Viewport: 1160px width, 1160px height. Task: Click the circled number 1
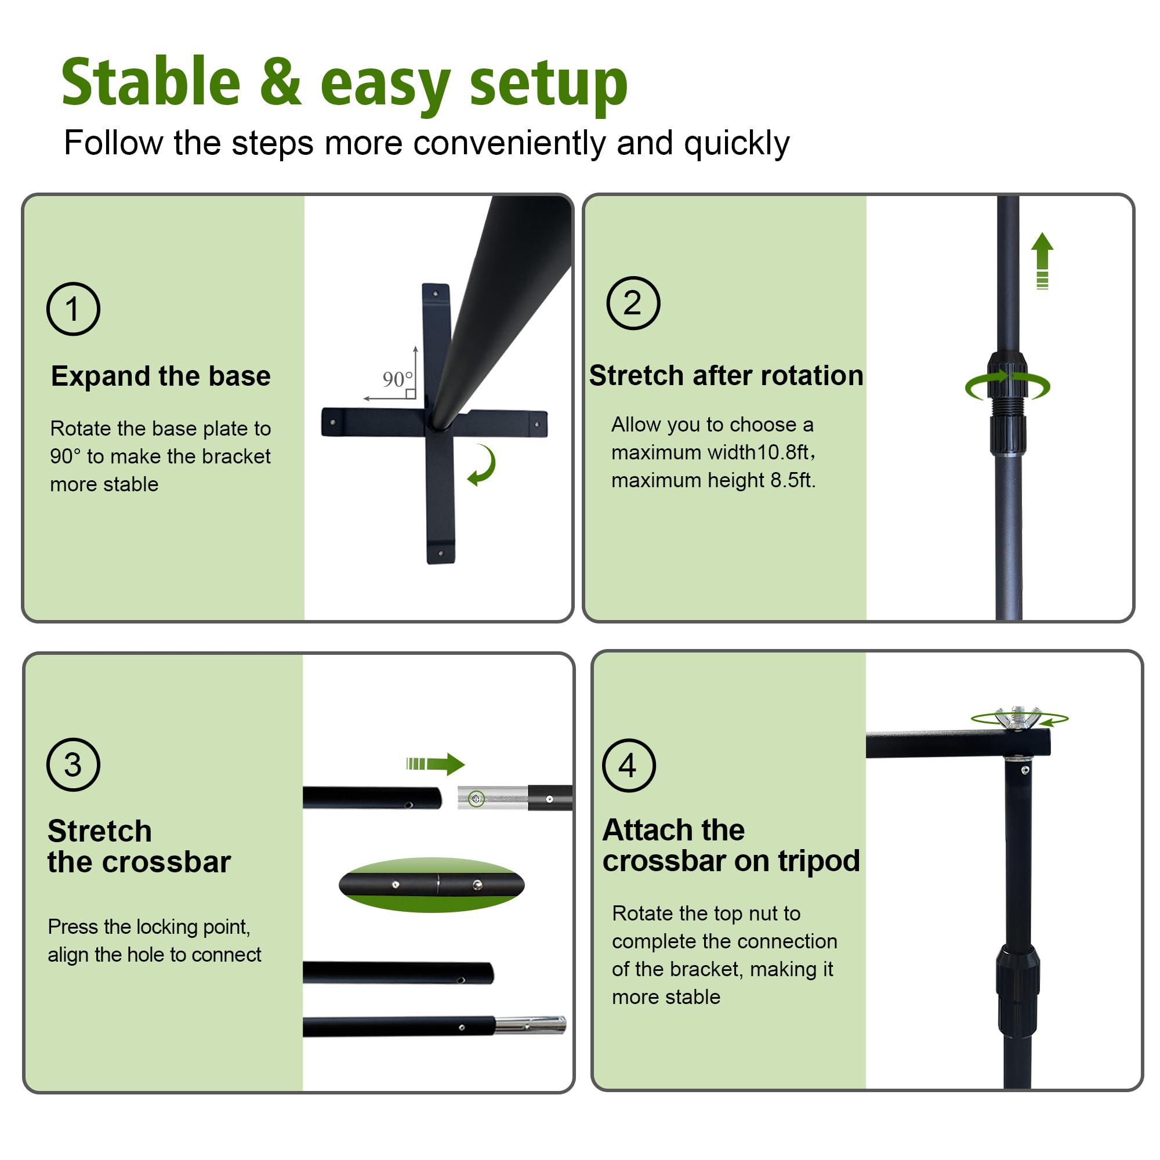tap(73, 309)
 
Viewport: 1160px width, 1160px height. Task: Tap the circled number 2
tap(633, 303)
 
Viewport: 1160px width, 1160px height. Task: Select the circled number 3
tap(73, 764)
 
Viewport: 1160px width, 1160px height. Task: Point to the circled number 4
tap(629, 765)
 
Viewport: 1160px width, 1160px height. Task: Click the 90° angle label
tap(397, 379)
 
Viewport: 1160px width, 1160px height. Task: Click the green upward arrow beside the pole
tap(1042, 260)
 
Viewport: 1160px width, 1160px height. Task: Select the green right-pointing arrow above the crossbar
tap(436, 764)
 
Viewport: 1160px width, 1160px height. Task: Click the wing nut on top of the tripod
tap(1018, 718)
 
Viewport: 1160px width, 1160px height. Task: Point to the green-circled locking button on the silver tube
tap(476, 799)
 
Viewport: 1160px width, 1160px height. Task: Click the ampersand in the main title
tap(280, 82)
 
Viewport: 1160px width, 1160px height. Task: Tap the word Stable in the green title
tap(151, 82)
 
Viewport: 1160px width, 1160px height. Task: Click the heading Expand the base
tap(161, 376)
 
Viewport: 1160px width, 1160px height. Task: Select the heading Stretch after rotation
tap(726, 376)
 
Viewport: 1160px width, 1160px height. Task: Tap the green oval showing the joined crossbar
tap(432, 884)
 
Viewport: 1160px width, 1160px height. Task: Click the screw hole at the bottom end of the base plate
tap(441, 553)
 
